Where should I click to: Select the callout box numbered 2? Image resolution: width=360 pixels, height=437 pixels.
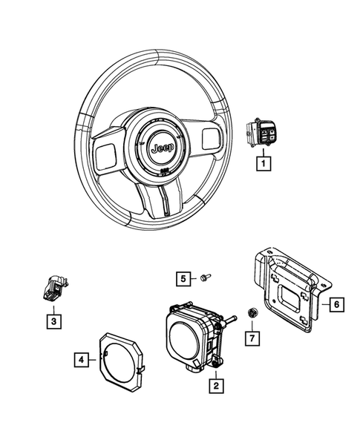(x=215, y=385)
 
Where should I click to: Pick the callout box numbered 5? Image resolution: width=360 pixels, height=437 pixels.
(x=182, y=278)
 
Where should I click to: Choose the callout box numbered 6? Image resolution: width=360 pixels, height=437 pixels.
(x=336, y=304)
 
